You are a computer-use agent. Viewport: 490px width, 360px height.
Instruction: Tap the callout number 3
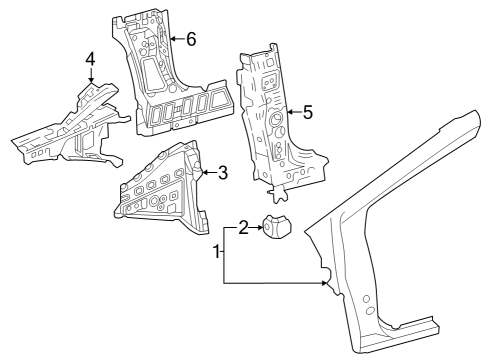(x=222, y=172)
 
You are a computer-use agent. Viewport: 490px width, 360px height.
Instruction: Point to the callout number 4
(x=90, y=60)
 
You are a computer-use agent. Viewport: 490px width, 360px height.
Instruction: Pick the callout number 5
(x=307, y=113)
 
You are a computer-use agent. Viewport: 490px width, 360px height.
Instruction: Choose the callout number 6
(x=190, y=38)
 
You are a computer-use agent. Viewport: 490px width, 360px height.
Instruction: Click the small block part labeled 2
(x=275, y=230)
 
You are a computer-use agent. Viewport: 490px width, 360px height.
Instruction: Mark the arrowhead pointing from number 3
(x=204, y=172)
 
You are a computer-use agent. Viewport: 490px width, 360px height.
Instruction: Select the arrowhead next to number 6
(x=171, y=38)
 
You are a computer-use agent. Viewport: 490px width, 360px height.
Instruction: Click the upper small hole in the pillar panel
(x=365, y=299)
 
